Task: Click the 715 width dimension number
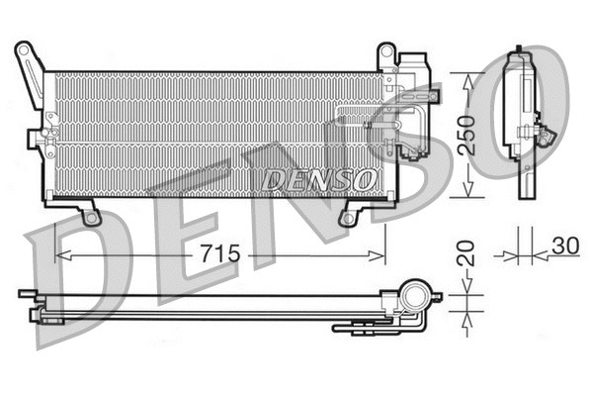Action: pos(220,255)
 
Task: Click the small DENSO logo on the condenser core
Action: pos(319,180)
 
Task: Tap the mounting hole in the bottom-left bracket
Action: pos(90,217)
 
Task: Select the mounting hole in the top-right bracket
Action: pos(387,50)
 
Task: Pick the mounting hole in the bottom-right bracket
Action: pos(347,219)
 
